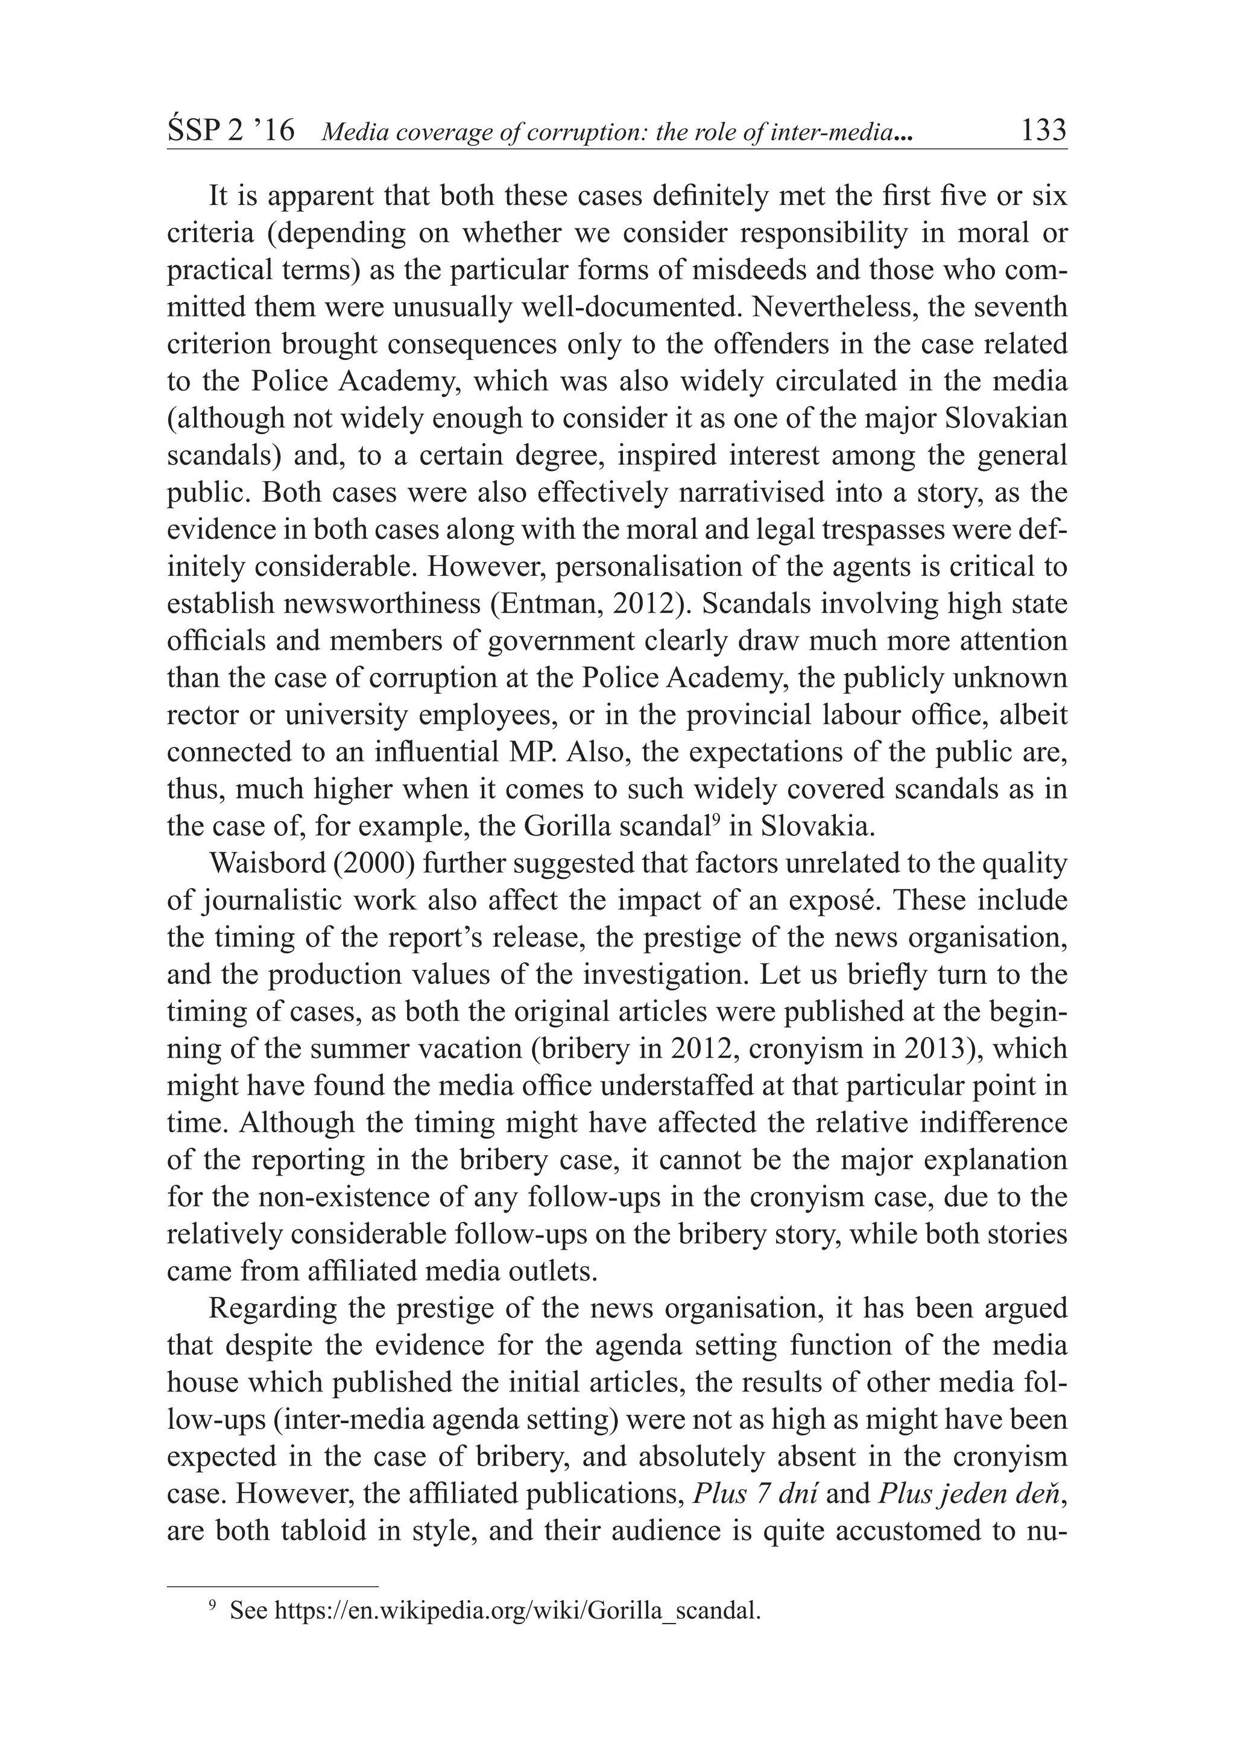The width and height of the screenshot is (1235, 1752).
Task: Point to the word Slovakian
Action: point(1005,418)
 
